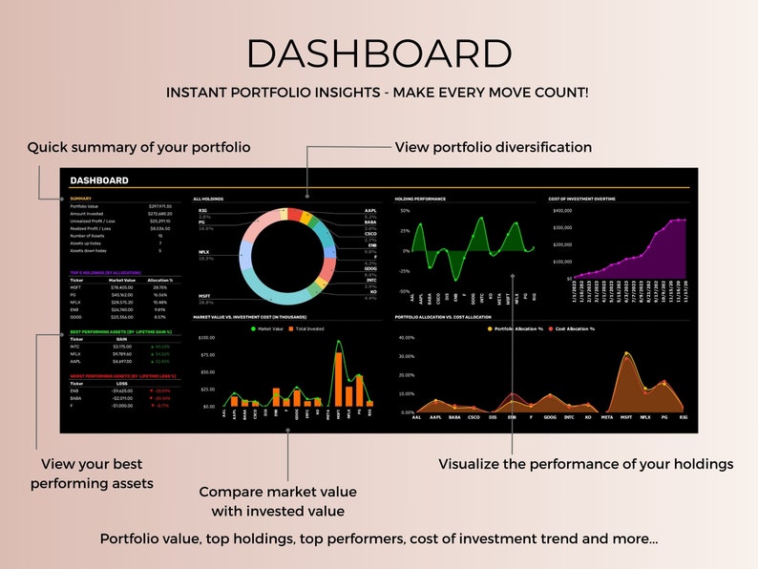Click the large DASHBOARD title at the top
coord(378,54)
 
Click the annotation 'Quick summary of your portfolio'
coord(138,148)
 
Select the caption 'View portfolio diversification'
coord(493,148)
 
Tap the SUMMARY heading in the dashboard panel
coord(81,199)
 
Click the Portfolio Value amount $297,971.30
coord(160,206)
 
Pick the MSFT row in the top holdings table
coord(76,287)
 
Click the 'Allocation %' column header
coord(160,280)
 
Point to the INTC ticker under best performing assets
coord(76,347)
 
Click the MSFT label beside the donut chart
coord(204,296)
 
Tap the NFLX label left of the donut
coord(203,253)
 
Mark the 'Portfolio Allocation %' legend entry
coord(516,328)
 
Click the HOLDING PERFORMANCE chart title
coord(420,199)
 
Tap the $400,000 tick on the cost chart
coord(561,210)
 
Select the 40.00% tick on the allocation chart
coord(405,337)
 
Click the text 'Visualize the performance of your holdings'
coord(585,464)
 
